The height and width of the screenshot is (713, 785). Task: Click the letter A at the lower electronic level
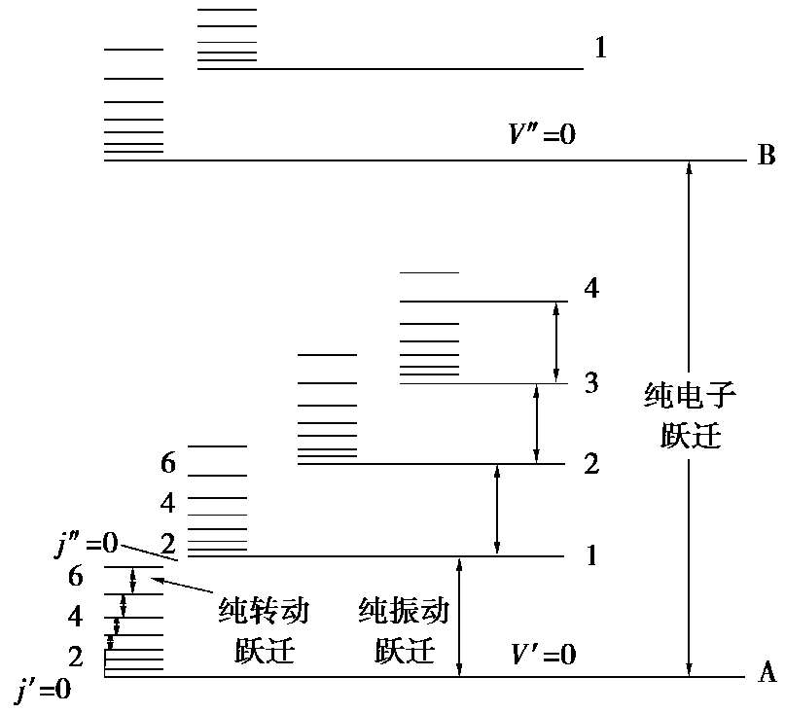(766, 672)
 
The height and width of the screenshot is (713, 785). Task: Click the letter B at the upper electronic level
(766, 156)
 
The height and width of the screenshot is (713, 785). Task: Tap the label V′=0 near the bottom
(543, 654)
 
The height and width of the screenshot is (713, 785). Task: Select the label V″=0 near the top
(543, 134)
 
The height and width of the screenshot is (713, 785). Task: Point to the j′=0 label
(44, 693)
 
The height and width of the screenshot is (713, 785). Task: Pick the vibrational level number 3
(590, 383)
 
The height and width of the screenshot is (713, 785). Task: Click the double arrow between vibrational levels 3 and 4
(555, 341)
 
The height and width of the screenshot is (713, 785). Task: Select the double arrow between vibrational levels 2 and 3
(536, 423)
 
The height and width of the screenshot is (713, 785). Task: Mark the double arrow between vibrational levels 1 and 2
(497, 510)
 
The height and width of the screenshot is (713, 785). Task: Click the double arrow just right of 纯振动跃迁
(460, 617)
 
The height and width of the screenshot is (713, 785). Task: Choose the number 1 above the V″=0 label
(600, 48)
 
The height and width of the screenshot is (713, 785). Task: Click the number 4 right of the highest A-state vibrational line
(592, 289)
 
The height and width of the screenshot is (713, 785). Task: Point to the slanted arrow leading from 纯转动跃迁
(185, 590)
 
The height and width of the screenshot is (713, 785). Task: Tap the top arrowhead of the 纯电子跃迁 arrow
(689, 167)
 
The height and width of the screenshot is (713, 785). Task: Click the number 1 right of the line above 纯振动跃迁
(590, 556)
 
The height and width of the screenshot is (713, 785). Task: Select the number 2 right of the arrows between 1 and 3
(590, 464)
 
